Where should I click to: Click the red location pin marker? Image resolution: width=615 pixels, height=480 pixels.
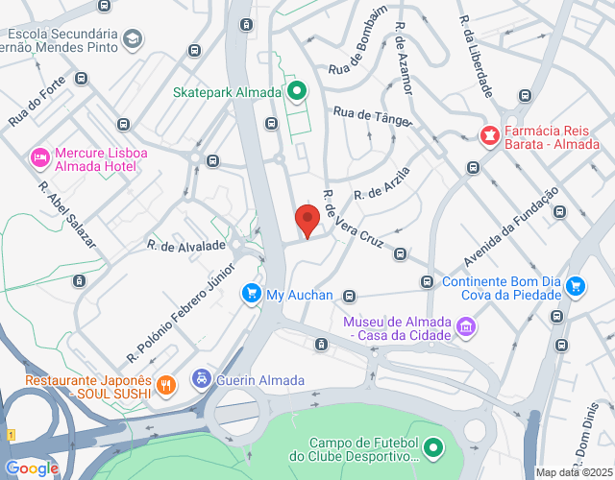coord(307,220)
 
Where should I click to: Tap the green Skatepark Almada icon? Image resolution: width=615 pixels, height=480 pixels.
coord(297,92)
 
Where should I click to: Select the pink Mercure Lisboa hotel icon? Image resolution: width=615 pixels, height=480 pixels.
coord(39,156)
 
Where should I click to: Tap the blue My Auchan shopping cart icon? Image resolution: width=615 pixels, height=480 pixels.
coord(252,292)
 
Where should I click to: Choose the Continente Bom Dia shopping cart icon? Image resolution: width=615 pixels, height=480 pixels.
coord(576,285)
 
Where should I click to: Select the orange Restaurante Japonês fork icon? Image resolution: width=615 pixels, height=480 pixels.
coord(166,386)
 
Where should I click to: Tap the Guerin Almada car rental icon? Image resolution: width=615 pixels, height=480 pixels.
coord(202,379)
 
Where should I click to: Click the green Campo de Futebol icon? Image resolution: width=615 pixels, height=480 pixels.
coord(433,447)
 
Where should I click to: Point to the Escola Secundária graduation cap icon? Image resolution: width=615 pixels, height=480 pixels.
coord(132,39)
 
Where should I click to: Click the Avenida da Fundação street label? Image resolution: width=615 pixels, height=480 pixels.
coord(510,227)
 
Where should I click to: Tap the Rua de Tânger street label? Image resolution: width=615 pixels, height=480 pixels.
coord(371,115)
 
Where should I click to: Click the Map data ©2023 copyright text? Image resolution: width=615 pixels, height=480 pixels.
coord(574,472)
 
